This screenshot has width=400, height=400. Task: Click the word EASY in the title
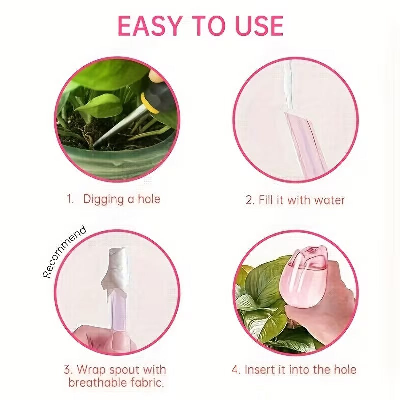click(x=149, y=26)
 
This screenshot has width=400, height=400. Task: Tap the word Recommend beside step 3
click(x=65, y=252)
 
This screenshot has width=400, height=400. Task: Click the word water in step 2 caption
click(x=329, y=200)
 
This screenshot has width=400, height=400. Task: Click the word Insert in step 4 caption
click(x=260, y=369)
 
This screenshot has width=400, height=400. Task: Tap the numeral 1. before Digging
click(x=70, y=199)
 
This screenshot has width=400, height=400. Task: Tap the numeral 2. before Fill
click(x=250, y=200)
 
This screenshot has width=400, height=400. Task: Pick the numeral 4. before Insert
click(x=236, y=370)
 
